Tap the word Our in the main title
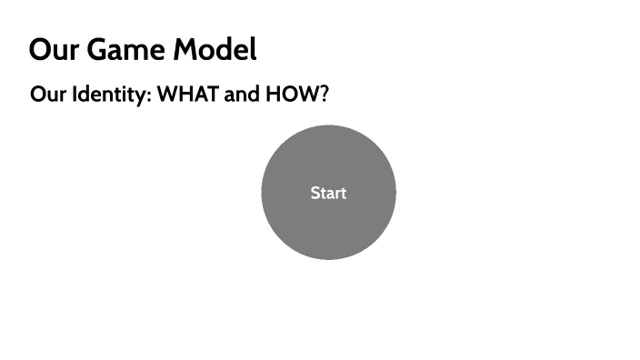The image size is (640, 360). tap(51, 50)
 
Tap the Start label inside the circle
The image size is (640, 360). tap(328, 193)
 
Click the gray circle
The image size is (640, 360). tap(328, 227)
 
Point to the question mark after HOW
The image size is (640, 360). tap(322, 95)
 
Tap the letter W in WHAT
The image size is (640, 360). tap(167, 95)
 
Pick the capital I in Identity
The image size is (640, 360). tap(75, 95)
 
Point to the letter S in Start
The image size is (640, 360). tap(315, 193)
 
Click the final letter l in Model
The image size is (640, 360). tap(253, 50)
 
